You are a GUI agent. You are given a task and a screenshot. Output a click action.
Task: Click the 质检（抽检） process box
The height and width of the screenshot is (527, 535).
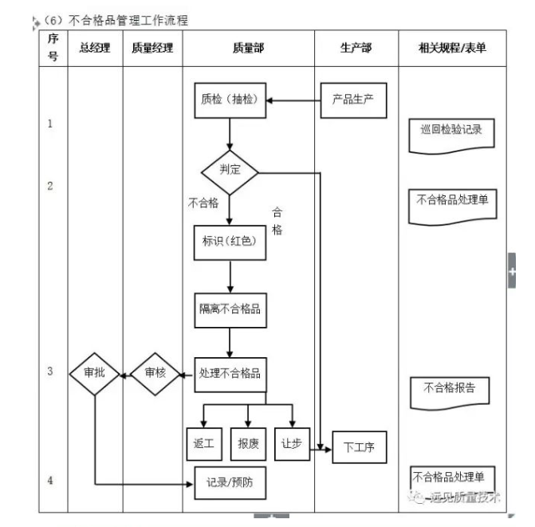click(x=229, y=100)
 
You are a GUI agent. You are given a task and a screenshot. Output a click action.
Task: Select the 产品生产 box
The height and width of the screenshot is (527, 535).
click(x=353, y=100)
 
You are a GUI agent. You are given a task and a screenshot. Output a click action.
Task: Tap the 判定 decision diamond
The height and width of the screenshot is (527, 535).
click(x=230, y=169)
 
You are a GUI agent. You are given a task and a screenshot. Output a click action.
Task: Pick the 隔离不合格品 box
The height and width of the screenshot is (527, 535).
click(x=230, y=309)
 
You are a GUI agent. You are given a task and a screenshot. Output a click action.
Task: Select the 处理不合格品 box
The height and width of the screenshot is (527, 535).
click(x=230, y=372)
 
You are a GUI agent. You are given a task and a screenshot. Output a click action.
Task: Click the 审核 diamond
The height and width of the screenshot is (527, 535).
click(x=156, y=372)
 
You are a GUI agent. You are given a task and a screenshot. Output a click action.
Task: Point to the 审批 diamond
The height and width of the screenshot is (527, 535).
click(x=94, y=372)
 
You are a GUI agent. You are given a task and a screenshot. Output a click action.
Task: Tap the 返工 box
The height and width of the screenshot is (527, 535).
click(x=203, y=443)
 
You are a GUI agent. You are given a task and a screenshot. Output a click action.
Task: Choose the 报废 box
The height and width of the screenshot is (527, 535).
click(x=248, y=443)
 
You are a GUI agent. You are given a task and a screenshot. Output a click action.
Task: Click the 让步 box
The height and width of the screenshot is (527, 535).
click(x=291, y=443)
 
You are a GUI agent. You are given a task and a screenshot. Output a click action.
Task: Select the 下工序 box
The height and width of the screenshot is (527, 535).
click(x=359, y=447)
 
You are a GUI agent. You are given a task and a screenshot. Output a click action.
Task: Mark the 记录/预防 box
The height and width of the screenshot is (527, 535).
click(x=230, y=482)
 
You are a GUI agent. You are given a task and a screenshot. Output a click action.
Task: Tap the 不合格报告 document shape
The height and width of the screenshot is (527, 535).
click(x=450, y=388)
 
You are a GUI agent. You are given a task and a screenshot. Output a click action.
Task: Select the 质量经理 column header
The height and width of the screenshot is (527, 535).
click(x=153, y=49)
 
